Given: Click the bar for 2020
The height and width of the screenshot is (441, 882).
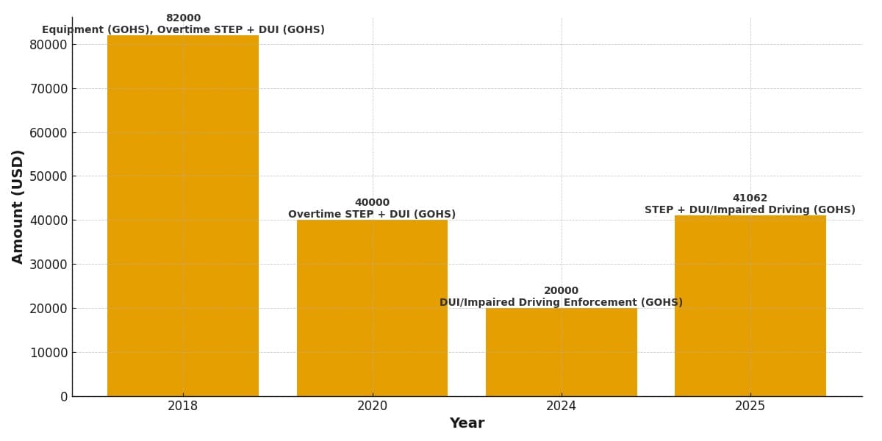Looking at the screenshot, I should tap(372, 308).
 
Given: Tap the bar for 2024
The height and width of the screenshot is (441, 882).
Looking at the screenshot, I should tap(561, 352).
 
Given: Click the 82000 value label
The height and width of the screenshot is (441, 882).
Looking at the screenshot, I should tap(183, 18).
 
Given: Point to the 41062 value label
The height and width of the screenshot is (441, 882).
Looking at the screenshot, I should tap(750, 198).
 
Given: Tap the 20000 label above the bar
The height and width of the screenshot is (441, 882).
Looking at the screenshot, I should tap(561, 291).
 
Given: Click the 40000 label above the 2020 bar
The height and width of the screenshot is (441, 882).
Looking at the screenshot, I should tap(372, 203).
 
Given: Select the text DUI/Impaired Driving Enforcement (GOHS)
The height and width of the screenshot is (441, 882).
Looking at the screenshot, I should tap(561, 303).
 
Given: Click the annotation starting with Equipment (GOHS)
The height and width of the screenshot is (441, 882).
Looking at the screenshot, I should tap(183, 30).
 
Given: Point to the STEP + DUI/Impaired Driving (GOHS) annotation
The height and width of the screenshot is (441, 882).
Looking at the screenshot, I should tap(750, 210).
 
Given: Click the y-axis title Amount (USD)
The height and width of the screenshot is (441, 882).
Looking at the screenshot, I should tap(18, 207).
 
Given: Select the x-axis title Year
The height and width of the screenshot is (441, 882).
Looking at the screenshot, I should tap(467, 423).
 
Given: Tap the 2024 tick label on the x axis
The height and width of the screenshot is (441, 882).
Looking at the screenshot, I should tap(561, 406).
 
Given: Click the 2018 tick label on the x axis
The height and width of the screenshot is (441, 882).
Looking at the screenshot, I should tap(183, 406).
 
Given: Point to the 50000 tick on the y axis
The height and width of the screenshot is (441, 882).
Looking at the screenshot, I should tap(49, 176).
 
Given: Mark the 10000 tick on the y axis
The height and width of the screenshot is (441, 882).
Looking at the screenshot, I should tap(49, 352).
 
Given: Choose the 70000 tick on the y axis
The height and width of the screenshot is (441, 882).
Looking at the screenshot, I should tap(49, 88).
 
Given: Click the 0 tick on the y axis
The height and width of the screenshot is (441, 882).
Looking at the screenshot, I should tap(64, 396).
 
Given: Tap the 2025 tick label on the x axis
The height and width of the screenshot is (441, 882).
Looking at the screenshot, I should tap(750, 406).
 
